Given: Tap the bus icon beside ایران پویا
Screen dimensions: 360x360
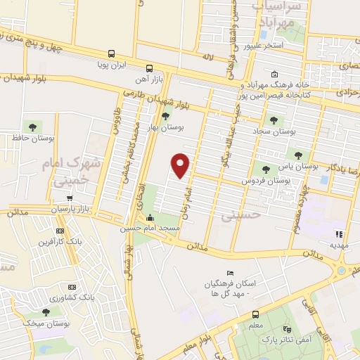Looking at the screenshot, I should [112, 53].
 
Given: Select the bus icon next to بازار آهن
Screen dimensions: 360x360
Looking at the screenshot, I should [148, 68].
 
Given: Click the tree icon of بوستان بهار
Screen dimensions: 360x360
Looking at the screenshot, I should [165, 117].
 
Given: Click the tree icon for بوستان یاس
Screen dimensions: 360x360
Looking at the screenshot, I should [300, 155].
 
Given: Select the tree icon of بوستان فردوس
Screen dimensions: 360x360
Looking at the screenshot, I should [266, 168].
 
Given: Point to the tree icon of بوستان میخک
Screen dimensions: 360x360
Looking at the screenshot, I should [46, 311].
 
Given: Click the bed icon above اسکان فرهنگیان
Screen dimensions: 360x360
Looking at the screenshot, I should [230, 273].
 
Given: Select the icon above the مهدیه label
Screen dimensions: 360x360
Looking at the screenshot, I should [339, 234].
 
